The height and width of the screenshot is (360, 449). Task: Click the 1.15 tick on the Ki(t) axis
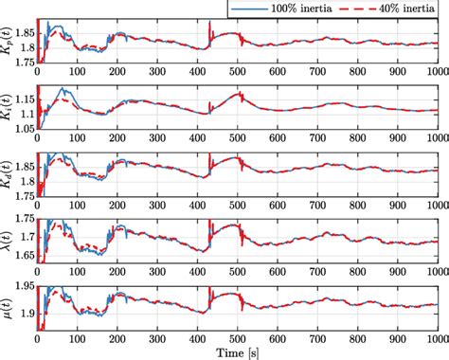(25, 99)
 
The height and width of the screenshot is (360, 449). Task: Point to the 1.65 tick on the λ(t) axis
(25, 256)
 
